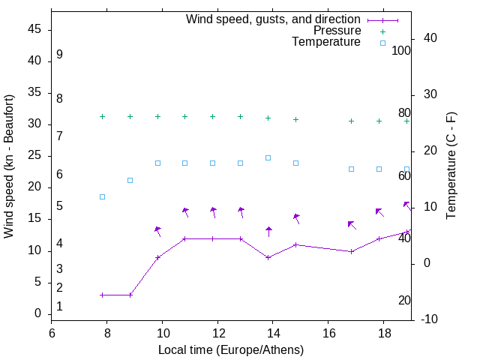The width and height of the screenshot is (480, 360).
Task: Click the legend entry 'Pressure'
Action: [x=337, y=31]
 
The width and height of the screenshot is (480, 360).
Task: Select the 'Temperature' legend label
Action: [x=326, y=42]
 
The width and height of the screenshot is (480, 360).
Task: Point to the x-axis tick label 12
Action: [x=217, y=331]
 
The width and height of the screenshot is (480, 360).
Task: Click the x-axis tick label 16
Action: [x=328, y=331]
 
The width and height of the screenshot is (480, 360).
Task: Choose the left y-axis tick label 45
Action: [x=34, y=29]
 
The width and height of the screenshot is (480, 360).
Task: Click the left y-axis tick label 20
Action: [x=34, y=187]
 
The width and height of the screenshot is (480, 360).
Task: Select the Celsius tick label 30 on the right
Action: [x=430, y=94]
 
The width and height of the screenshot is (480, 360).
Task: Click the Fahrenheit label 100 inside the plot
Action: [x=401, y=51]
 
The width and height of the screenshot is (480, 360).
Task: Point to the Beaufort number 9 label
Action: [x=59, y=55]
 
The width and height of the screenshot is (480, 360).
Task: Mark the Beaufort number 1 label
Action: [x=59, y=307]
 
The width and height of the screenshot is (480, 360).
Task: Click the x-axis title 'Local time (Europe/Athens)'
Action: [x=231, y=349]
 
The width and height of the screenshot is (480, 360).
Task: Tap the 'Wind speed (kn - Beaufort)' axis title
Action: [x=9, y=166]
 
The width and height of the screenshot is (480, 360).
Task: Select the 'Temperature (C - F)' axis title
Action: [x=451, y=166]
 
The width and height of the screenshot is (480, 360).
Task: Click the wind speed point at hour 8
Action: [x=103, y=295]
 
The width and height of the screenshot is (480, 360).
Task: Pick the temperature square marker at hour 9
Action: [x=130, y=180]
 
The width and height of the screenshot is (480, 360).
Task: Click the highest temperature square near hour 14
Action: [x=268, y=157]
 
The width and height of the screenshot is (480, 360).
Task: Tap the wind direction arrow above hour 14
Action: [x=268, y=231]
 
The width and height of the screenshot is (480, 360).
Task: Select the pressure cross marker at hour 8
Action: [x=103, y=116]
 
